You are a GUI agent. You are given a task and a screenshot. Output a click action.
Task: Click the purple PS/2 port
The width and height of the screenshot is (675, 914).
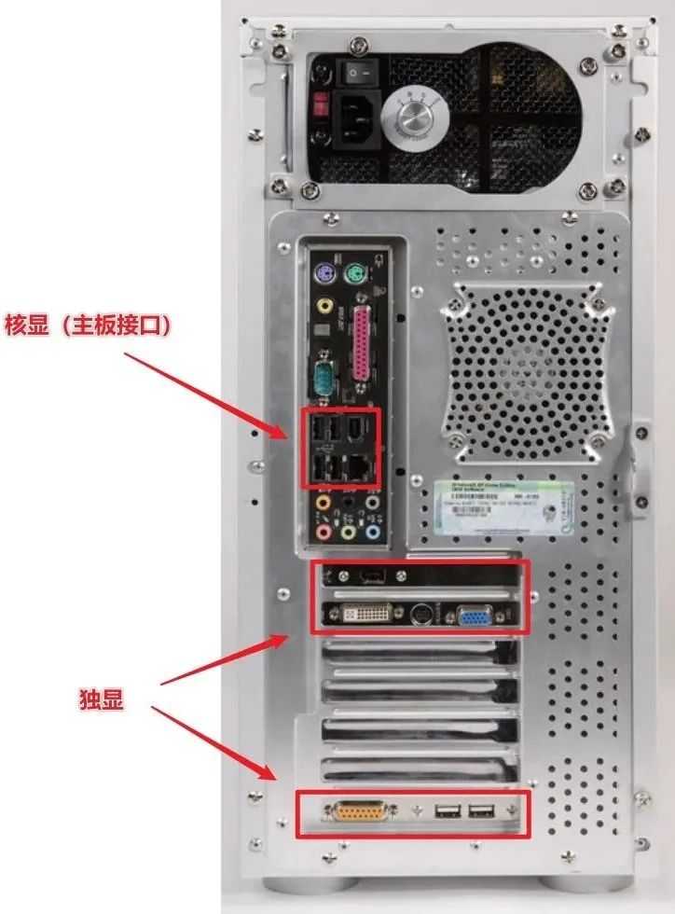point(324,274)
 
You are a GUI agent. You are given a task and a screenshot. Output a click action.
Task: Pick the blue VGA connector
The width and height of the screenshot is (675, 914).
point(474,616)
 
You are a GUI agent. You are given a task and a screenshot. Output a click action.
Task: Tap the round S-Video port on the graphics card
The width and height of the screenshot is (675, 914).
point(420,616)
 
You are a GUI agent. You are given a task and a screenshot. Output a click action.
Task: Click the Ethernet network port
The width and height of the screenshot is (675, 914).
point(360,463)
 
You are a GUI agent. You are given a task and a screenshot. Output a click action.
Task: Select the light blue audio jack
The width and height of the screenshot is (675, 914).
point(373,533)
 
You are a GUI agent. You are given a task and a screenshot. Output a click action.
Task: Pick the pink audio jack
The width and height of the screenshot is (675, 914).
point(324,533)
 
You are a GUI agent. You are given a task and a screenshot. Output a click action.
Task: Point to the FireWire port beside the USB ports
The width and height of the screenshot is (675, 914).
point(359,430)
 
